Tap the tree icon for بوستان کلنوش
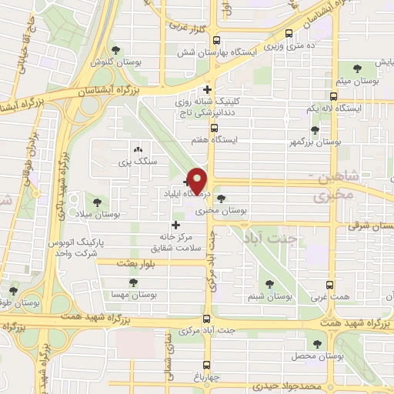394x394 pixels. (115, 48)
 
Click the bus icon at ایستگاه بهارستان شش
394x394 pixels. (215, 41)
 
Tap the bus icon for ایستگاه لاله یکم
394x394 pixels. (333, 97)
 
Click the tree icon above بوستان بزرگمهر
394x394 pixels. (315, 130)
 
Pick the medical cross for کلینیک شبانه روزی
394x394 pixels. (207, 89)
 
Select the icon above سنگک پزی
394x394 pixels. (138, 149)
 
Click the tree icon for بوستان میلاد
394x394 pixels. (96, 202)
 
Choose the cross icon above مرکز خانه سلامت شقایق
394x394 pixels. (176, 225)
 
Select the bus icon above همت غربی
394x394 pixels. (330, 284)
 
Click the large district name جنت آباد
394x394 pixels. (270, 238)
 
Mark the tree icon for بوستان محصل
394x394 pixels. (316, 343)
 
